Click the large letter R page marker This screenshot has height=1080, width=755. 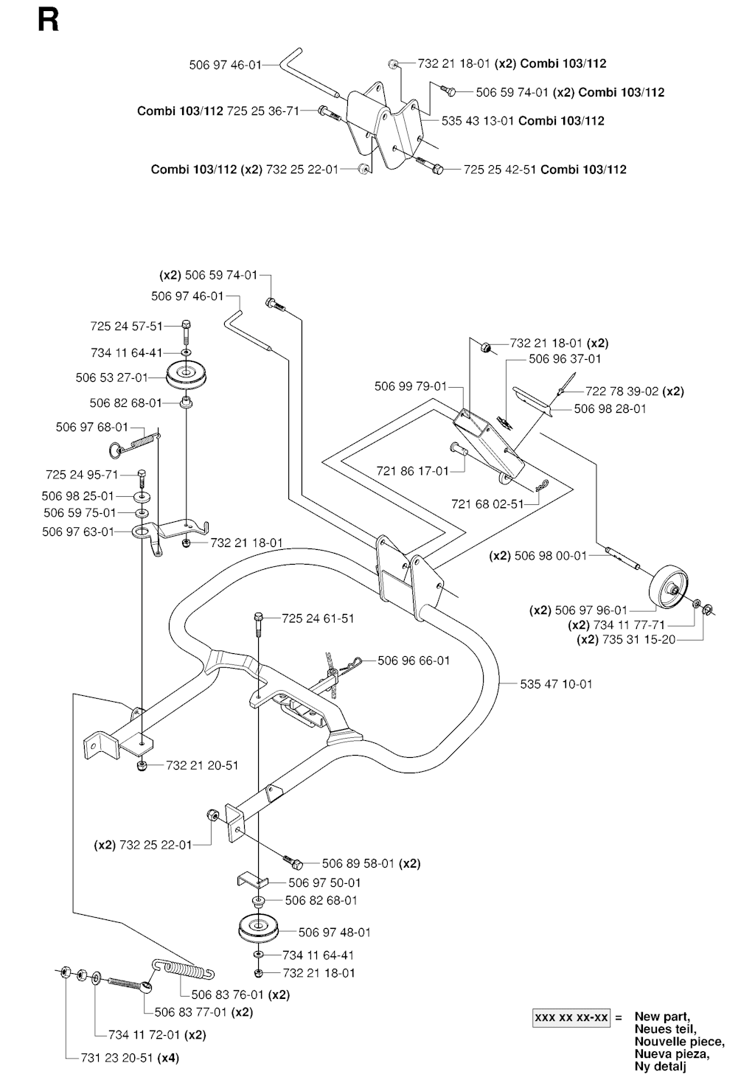pyautogui.click(x=48, y=20)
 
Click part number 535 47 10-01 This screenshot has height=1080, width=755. pyautogui.click(x=556, y=684)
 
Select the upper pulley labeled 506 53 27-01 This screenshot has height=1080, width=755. pyautogui.click(x=186, y=376)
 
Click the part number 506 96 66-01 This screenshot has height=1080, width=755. pyautogui.click(x=414, y=661)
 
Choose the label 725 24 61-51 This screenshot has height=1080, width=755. pyautogui.click(x=318, y=619)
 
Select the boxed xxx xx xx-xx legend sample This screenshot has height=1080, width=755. pyautogui.click(x=571, y=1018)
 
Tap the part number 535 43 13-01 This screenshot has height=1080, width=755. pyautogui.click(x=478, y=121)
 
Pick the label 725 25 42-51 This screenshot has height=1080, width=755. pyautogui.click(x=500, y=170)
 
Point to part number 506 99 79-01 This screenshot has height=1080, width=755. pyautogui.click(x=411, y=386)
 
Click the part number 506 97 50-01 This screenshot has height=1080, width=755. pyautogui.click(x=324, y=882)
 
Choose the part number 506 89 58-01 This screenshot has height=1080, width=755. pyautogui.click(x=359, y=863)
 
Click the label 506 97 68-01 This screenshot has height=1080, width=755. pyautogui.click(x=91, y=427)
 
